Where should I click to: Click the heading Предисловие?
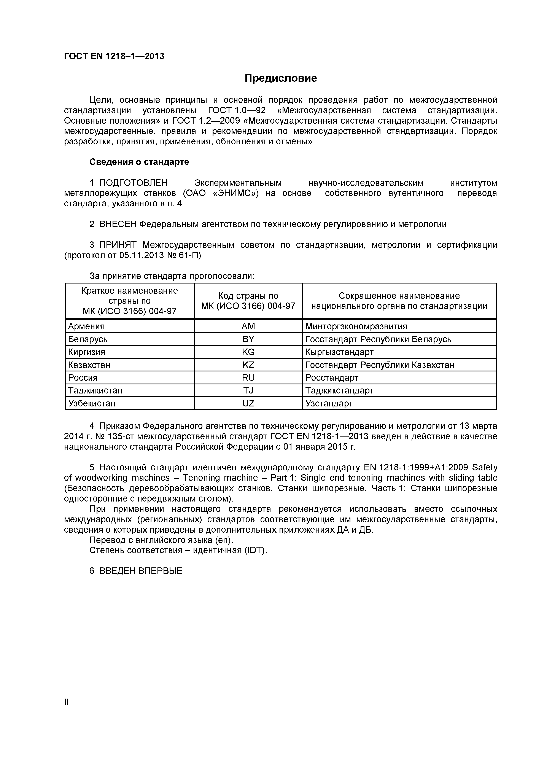pyautogui.click(x=281, y=78)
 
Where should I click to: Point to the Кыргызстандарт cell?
pyautogui.click(x=339, y=352)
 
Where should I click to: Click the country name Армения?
pyautogui.click(x=86, y=326)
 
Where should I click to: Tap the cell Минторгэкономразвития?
pyautogui.click(x=356, y=326)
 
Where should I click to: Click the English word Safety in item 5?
pyautogui.click(x=485, y=467)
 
